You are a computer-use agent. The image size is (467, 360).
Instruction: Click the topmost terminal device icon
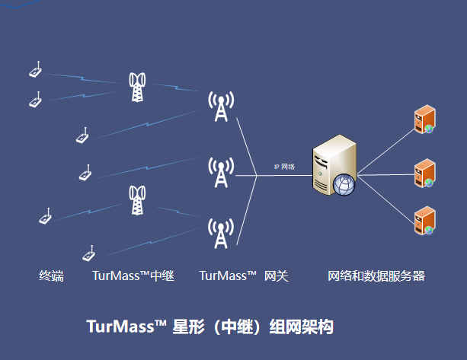click(35, 71)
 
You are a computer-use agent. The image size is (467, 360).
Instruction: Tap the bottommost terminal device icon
click(88, 253)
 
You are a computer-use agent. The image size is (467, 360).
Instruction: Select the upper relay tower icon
click(137, 87)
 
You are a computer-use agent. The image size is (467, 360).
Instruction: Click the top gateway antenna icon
click(221, 107)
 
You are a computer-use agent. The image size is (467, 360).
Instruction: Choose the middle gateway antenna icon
click(221, 173)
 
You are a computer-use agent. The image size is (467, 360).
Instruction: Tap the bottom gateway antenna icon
click(221, 233)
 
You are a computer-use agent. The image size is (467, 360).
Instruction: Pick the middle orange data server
click(424, 173)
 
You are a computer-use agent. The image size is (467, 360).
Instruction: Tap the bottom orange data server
click(424, 221)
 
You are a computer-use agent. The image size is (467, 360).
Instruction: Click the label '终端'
click(51, 276)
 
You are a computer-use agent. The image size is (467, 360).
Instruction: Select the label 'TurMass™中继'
click(133, 276)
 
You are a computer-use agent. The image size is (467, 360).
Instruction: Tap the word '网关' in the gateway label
click(277, 276)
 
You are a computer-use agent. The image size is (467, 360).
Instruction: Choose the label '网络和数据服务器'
click(376, 276)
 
